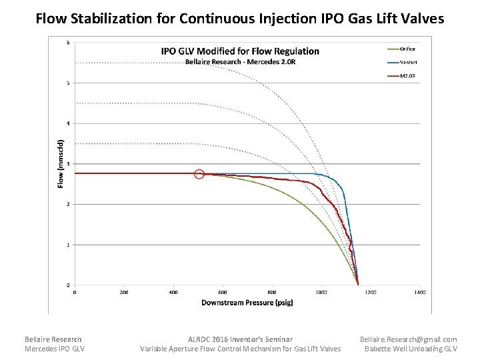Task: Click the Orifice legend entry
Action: point(407,49)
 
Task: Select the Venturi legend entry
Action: point(407,62)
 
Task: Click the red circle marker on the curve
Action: point(199,174)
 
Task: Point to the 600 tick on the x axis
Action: point(223,292)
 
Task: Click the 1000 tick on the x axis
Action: point(321,292)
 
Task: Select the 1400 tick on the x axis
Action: point(420,292)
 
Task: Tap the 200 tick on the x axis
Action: point(124,292)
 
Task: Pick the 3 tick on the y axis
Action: point(68,163)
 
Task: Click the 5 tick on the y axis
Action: point(68,83)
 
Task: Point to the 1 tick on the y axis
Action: point(68,245)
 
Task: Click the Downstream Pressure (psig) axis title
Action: point(247,303)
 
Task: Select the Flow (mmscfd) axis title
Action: point(59,163)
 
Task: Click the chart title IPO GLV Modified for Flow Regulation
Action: point(240,51)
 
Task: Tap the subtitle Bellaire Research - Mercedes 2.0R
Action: point(240,62)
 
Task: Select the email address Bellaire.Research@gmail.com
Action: point(409,339)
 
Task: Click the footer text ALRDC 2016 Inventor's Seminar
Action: point(240,339)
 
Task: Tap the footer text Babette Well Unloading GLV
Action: point(411,349)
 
